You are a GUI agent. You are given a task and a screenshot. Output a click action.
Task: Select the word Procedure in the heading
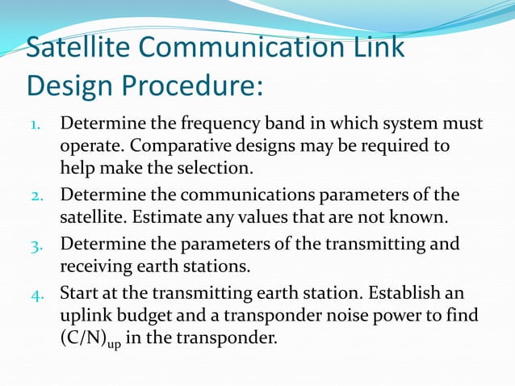(x=192, y=85)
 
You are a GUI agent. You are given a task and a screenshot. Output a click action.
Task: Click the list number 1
(x=37, y=127)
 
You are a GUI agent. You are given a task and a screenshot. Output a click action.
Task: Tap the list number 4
(x=38, y=293)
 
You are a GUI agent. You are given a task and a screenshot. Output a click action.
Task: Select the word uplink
(x=85, y=314)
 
